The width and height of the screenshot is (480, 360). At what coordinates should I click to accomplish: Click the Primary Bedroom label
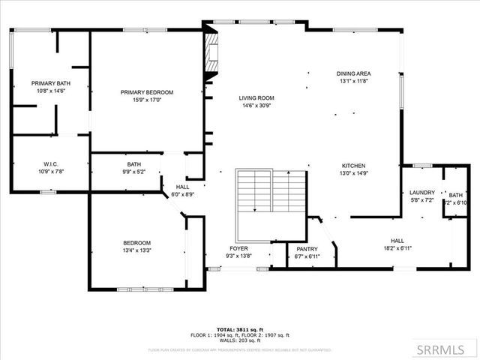pos(147,92)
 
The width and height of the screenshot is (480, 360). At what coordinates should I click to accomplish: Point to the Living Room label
pos(256,98)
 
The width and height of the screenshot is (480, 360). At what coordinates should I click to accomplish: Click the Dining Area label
pos(355,73)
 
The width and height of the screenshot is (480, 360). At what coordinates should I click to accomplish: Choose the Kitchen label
pos(354,166)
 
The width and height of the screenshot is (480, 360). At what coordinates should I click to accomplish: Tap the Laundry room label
pos(422,193)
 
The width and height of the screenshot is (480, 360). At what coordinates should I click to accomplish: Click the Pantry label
pos(307,249)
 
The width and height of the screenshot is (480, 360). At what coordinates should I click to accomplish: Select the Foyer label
pos(238,248)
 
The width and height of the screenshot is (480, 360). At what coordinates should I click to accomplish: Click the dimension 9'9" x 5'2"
pos(134,172)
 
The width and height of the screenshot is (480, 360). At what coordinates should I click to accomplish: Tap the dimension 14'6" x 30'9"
pos(256,106)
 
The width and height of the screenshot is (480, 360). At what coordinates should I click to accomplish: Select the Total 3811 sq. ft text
pos(239,329)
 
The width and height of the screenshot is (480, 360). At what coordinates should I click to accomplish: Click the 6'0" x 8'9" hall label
pos(183,194)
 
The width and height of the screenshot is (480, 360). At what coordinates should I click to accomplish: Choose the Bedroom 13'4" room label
pos(137,243)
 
